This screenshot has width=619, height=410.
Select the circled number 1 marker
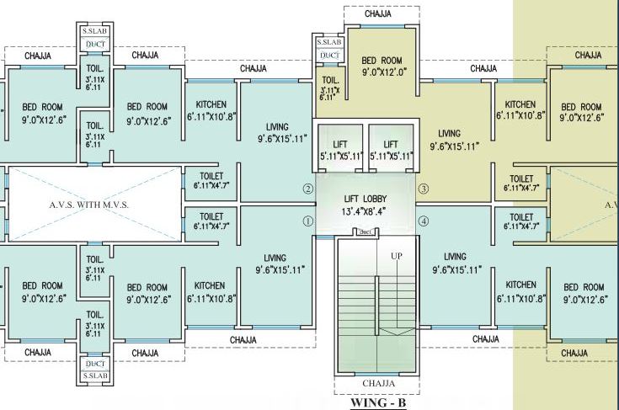point(307,221)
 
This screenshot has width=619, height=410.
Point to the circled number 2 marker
point(307,189)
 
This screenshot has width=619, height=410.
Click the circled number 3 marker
point(424,189)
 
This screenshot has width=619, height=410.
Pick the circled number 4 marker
point(424,221)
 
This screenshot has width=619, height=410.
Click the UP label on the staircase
point(396,255)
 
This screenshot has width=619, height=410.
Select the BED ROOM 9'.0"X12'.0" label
point(383,66)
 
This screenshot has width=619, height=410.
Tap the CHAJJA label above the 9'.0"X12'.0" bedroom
point(382,14)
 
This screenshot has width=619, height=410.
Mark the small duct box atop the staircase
point(366,232)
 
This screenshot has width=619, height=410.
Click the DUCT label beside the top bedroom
point(327,56)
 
